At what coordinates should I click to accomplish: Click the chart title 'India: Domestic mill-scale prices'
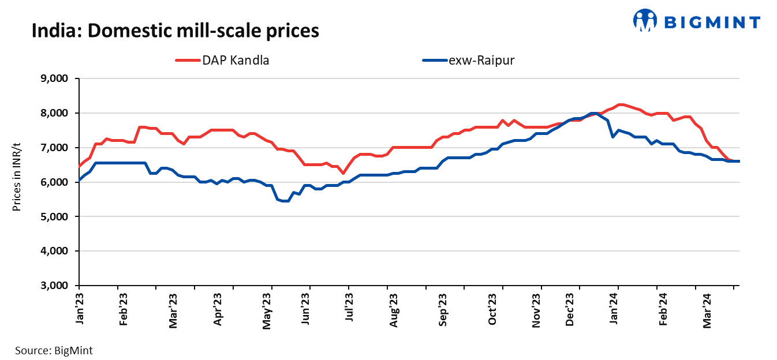click(175, 30)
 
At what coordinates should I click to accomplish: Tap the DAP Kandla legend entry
click(222, 59)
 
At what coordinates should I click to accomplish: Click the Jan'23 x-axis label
click(80, 310)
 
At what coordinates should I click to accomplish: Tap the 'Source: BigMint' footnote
click(54, 350)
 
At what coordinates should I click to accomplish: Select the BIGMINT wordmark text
click(712, 22)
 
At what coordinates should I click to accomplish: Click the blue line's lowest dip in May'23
click(284, 201)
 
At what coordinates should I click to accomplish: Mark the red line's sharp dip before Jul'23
click(343, 173)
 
